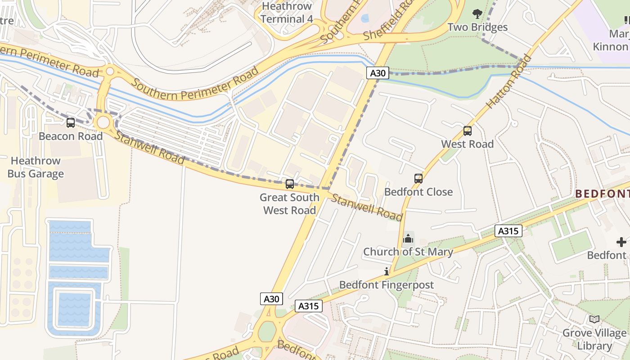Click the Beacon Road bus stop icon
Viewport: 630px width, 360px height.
(71, 122)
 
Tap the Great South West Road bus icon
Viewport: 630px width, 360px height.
(290, 184)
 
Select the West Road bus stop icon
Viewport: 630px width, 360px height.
(468, 131)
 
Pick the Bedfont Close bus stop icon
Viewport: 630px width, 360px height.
(418, 179)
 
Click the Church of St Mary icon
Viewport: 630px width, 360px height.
(408, 238)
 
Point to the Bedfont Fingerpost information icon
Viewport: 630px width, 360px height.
(386, 271)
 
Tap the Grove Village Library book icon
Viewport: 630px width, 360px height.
(594, 319)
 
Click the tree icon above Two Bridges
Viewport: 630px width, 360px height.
(477, 14)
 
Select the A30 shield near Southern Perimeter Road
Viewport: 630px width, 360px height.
(377, 73)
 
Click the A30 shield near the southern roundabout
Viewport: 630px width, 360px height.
(271, 299)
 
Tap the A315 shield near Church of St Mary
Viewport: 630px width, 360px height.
(508, 231)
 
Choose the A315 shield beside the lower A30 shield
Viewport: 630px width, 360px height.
(309, 306)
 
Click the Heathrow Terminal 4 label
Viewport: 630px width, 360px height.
(287, 13)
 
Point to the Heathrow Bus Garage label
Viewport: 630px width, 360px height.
(36, 167)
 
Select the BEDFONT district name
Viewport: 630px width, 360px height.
(602, 194)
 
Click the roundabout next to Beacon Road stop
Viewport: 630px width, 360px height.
(103, 122)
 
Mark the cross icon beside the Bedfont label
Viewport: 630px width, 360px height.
(621, 242)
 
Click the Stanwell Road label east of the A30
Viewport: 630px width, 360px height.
(367, 207)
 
